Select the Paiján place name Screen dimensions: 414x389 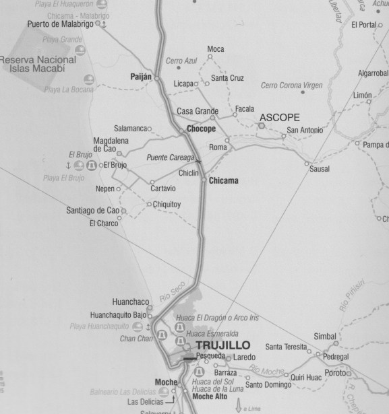coord(141,77)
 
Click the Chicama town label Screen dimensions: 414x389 coord(224,181)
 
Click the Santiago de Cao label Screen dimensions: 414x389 coord(93,210)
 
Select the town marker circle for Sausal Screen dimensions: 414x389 coord(307,164)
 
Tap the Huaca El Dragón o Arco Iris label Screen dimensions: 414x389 coord(226,321)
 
